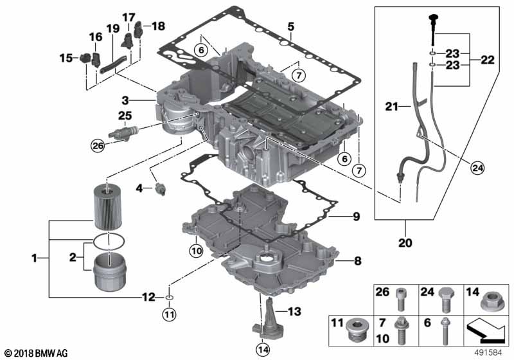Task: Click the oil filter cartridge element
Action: pos(107,205)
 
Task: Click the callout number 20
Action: pos(406,244)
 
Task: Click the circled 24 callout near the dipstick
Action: pos(475,168)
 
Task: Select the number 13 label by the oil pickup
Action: pos(294,312)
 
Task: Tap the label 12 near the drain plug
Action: pos(148,297)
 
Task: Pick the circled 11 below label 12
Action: pos(168,314)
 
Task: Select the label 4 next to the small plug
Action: pos(139,189)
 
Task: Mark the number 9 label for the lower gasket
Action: pos(355,216)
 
